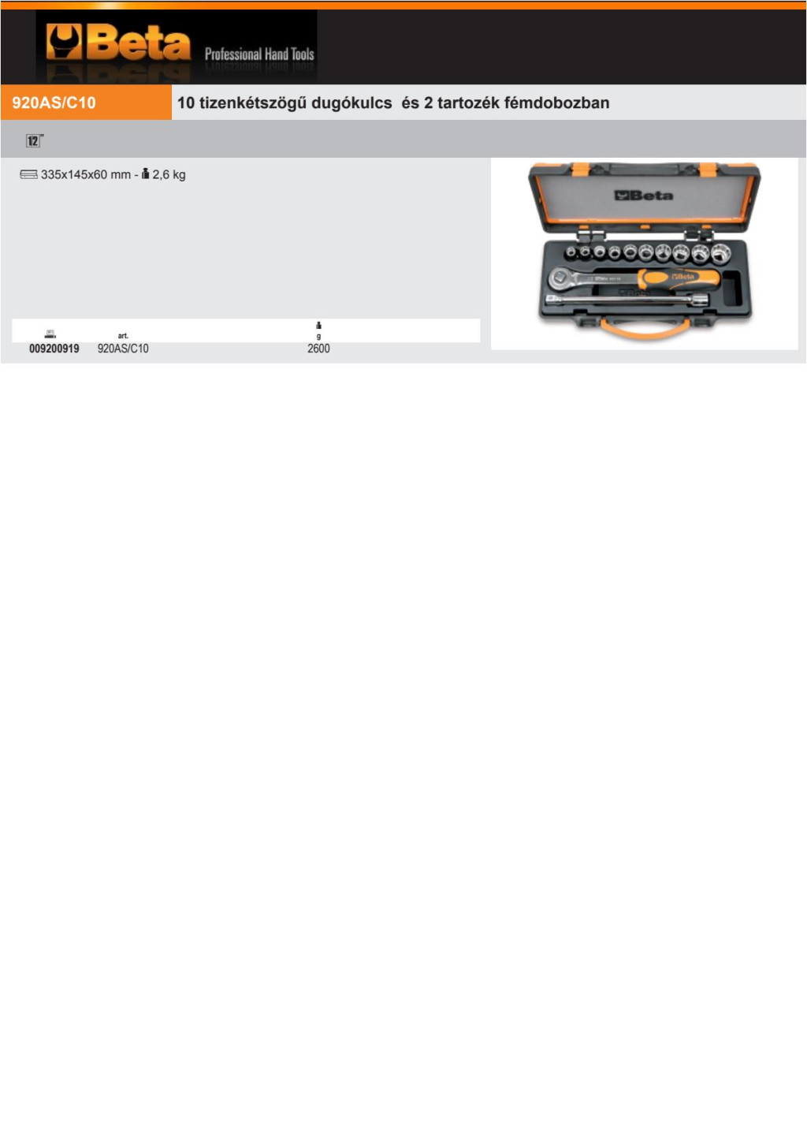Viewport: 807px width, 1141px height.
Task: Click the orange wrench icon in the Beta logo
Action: point(63,43)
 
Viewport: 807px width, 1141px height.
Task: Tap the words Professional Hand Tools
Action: point(259,54)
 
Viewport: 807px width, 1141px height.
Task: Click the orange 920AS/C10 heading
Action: point(54,103)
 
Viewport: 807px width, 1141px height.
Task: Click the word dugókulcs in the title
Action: point(351,103)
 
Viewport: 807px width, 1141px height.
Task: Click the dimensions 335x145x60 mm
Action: point(86,175)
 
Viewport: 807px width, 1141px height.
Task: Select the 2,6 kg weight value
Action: point(169,175)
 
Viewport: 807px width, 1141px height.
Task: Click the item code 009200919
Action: point(54,349)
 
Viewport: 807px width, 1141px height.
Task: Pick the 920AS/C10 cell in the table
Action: point(123,349)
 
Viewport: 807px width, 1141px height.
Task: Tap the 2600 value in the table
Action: point(318,349)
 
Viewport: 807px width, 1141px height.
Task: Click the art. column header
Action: point(123,336)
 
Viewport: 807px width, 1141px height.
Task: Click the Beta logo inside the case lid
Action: point(644,196)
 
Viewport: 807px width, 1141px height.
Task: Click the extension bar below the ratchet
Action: point(627,300)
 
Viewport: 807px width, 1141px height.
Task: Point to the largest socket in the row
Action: point(720,253)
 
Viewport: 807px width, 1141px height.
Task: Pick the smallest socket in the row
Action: point(571,251)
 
